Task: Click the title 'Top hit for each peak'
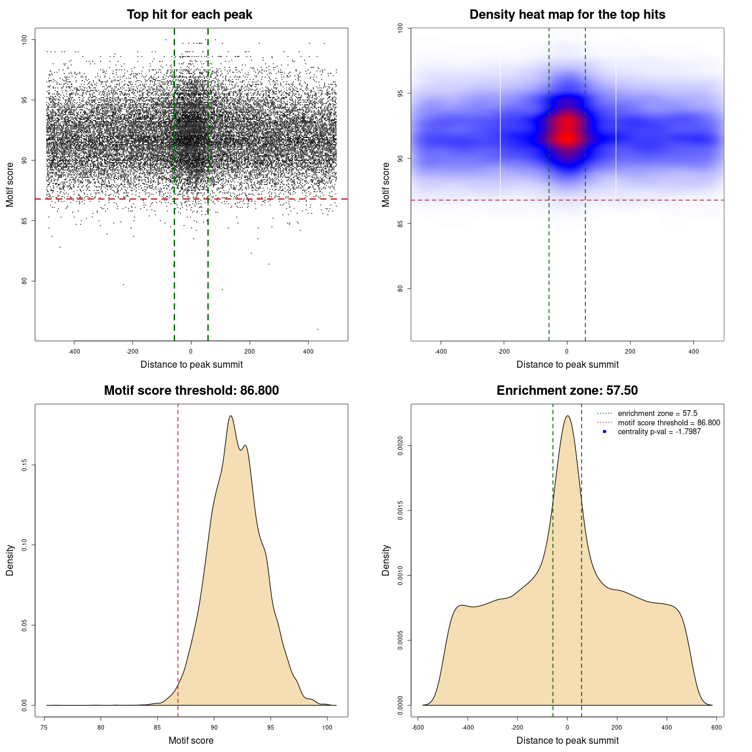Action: [190, 15]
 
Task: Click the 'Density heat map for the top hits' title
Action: [567, 15]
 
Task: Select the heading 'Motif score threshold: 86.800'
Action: [191, 391]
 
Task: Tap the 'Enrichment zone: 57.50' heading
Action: [567, 391]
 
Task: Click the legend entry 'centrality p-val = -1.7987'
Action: [659, 432]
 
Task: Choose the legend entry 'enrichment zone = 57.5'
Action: [657, 414]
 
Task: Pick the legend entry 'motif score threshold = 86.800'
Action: [669, 422]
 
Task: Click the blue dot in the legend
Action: [605, 432]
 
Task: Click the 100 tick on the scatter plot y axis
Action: [24, 39]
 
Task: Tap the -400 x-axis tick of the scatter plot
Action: [74, 351]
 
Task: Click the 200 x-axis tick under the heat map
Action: [630, 351]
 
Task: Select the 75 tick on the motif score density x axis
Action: [45, 727]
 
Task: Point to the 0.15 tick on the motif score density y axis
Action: [24, 465]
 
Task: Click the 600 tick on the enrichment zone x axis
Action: [717, 727]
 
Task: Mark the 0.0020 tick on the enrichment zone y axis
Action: [400, 446]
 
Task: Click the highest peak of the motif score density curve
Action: [231, 416]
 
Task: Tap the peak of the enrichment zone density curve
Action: [568, 416]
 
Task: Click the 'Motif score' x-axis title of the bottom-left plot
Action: [191, 740]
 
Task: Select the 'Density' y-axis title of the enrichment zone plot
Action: [386, 560]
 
